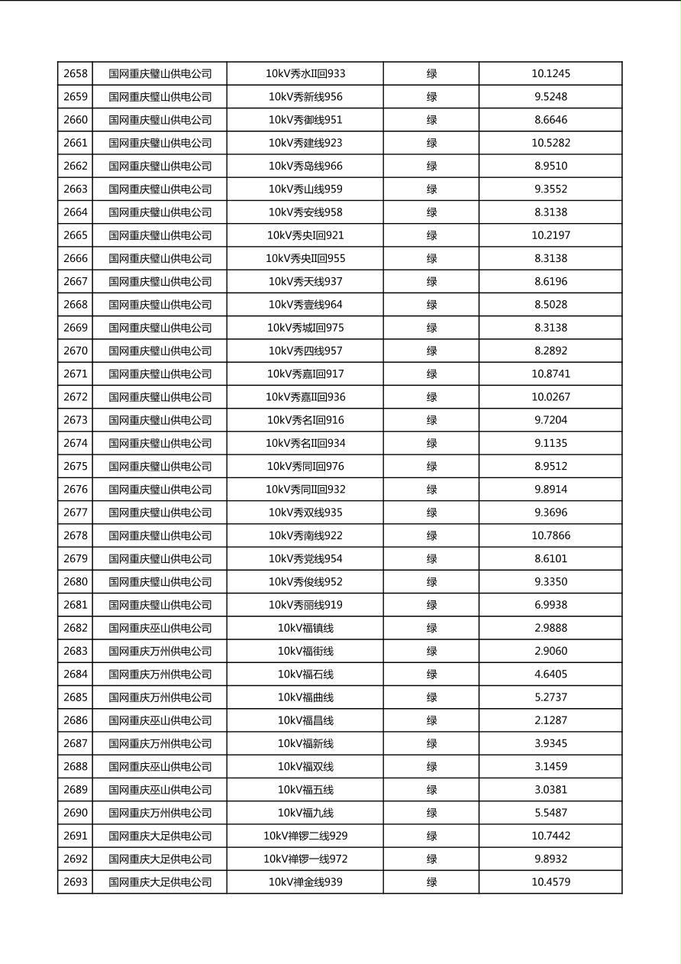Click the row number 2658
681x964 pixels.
[x=76, y=74]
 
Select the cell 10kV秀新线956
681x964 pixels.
[x=305, y=97]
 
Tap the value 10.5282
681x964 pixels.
[x=550, y=143]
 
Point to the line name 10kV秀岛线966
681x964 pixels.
[x=305, y=166]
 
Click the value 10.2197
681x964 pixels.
[x=550, y=235]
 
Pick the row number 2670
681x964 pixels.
[x=76, y=351]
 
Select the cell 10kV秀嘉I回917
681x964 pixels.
[x=305, y=374]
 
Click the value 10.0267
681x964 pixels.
[x=550, y=397]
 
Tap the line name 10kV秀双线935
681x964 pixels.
[x=305, y=513]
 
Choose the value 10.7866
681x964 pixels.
[x=550, y=535]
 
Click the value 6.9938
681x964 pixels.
[x=550, y=605]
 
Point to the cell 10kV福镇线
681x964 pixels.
[x=305, y=628]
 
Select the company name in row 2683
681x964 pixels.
[x=160, y=651]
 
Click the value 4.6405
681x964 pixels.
[x=550, y=674]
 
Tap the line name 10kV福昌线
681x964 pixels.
[x=305, y=720]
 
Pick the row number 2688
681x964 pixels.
[x=76, y=766]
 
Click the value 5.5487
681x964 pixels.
[x=550, y=813]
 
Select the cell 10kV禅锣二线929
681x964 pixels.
[x=305, y=836]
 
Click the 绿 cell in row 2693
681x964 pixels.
[x=431, y=882]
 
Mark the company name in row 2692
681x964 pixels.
[x=160, y=859]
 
